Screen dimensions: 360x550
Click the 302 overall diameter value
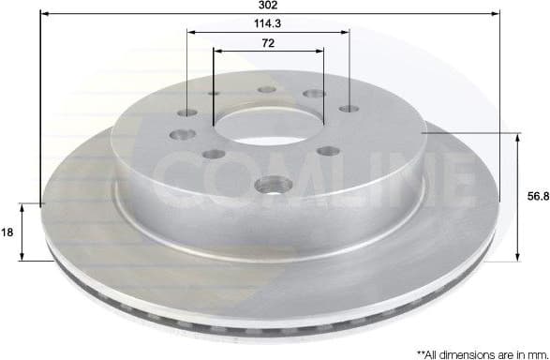pyautogui.click(x=271, y=6)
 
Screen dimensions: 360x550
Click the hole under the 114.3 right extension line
pyautogui.click(x=349, y=109)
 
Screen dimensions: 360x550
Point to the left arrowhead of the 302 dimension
pyautogui.click(x=44, y=15)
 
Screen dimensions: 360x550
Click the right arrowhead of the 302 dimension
pyautogui.click(x=494, y=15)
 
